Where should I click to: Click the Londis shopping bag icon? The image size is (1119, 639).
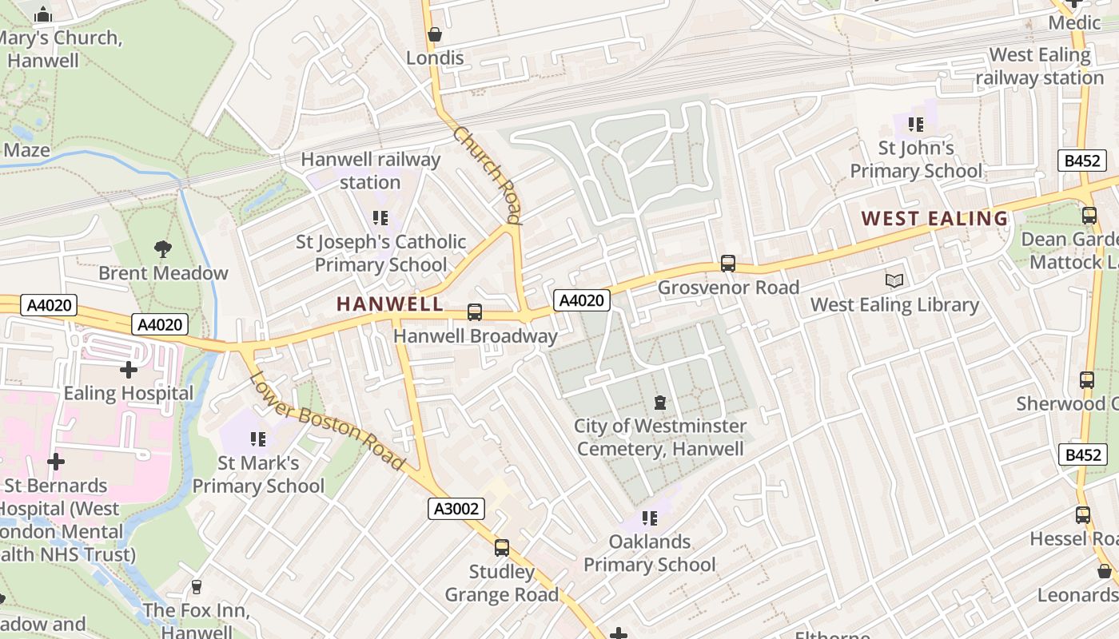click(435, 34)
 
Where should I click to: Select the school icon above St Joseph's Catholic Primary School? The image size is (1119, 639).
click(380, 217)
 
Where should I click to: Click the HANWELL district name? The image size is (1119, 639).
click(389, 304)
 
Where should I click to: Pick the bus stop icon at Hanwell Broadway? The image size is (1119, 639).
click(475, 312)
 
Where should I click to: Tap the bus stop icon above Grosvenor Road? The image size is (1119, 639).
click(727, 263)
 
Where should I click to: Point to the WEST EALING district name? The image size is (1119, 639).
click(934, 218)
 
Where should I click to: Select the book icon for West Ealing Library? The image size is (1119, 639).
click(894, 280)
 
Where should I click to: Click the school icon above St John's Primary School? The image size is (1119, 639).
click(916, 125)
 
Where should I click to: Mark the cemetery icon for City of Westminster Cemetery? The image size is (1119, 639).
click(660, 402)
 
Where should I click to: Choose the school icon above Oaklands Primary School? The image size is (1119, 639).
click(650, 518)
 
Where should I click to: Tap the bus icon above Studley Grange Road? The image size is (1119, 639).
click(502, 547)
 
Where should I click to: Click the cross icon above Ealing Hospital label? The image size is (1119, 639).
click(128, 369)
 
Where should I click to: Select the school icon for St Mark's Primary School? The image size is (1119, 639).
click(257, 439)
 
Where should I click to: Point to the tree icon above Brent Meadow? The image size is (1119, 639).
click(163, 248)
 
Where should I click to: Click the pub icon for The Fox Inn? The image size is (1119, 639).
click(197, 587)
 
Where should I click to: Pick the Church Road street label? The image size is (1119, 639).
click(488, 173)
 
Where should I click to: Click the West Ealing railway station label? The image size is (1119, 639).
click(1039, 66)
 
